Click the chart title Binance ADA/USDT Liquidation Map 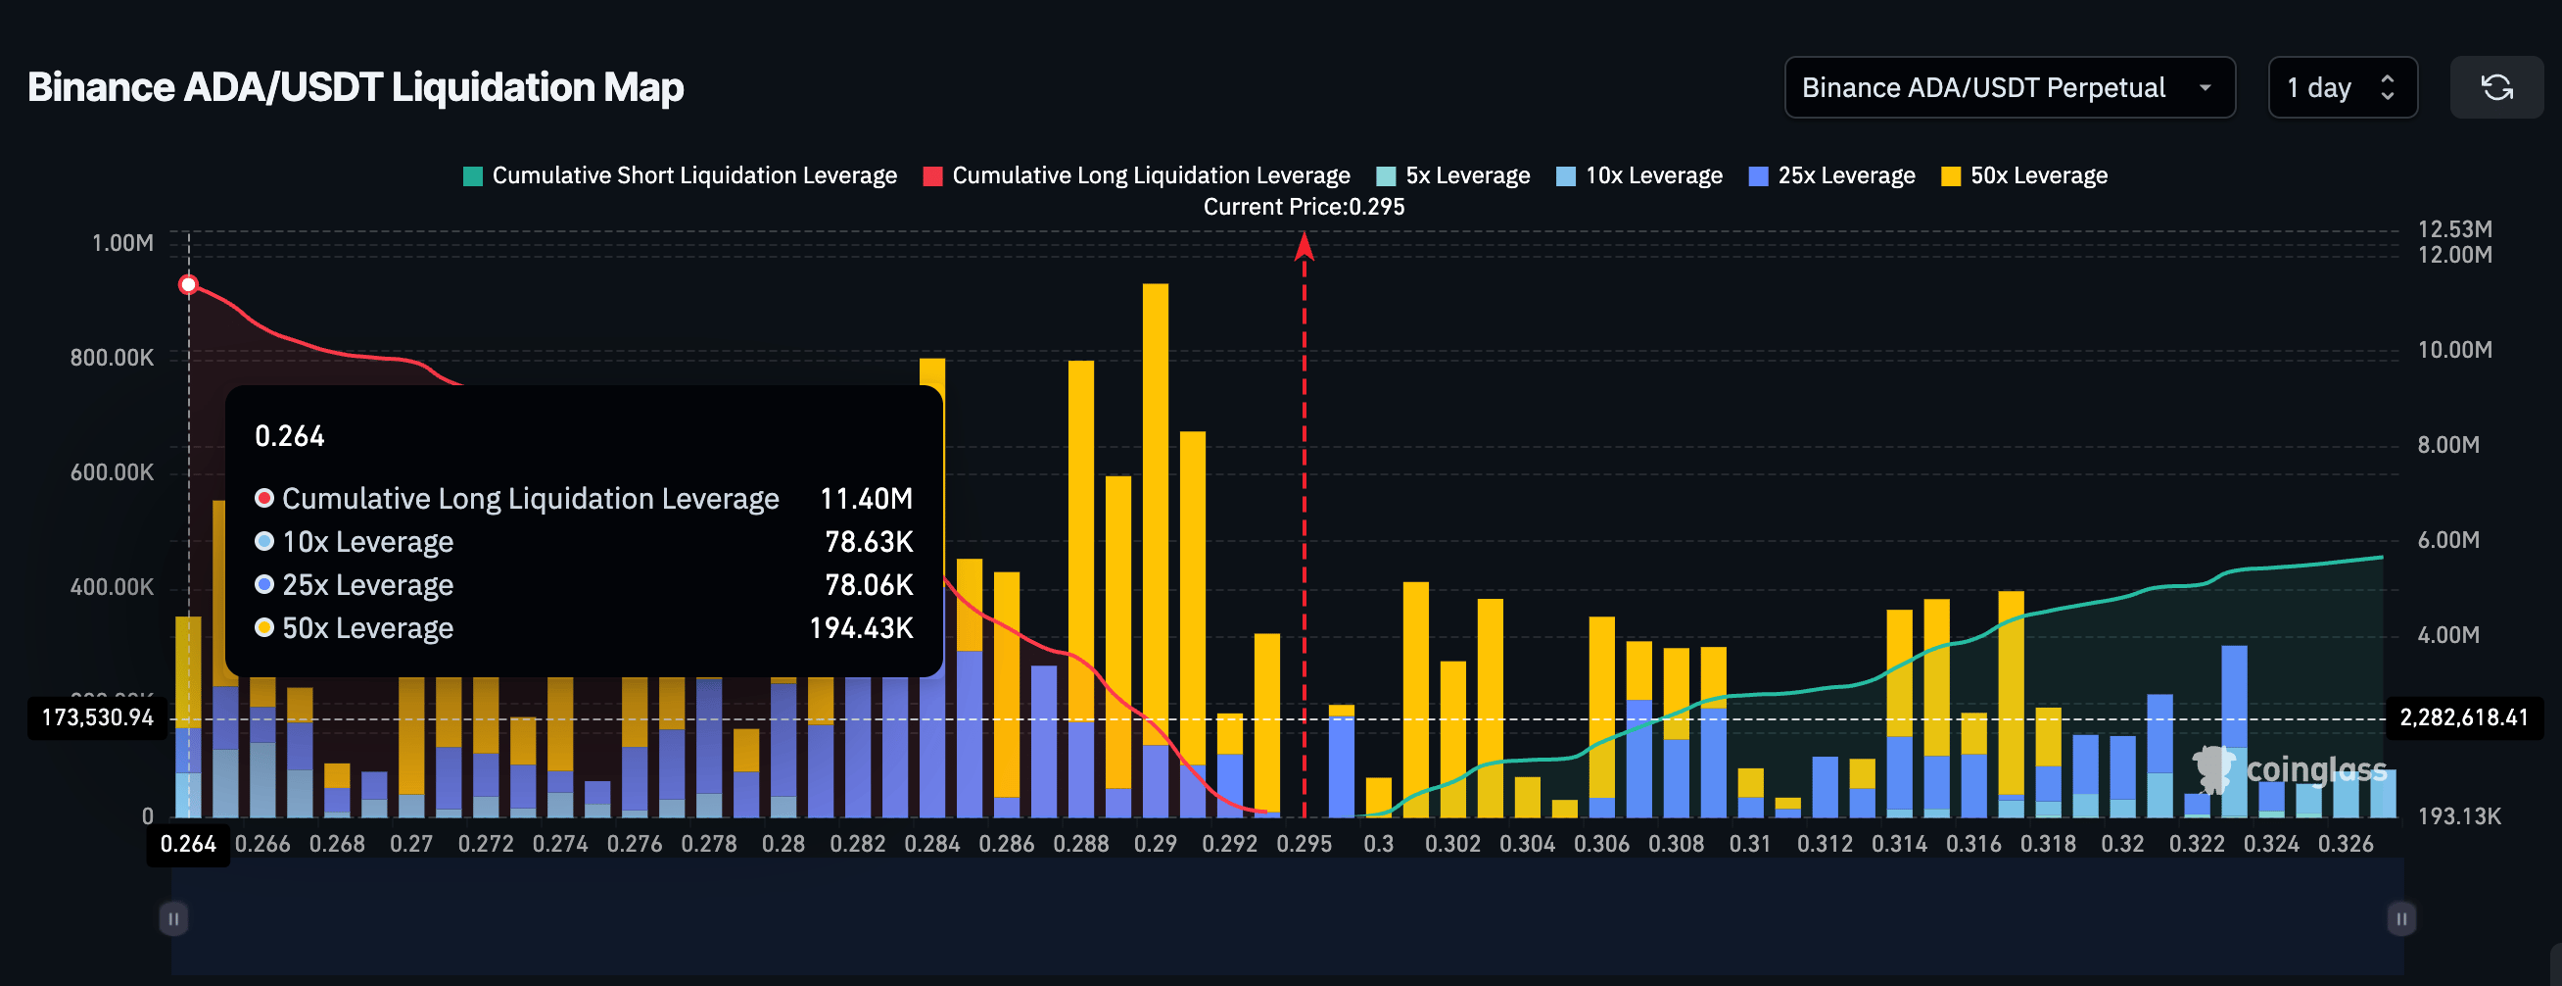point(356,87)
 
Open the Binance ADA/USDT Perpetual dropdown point(2009,87)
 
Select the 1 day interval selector point(2342,87)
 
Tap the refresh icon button point(2496,87)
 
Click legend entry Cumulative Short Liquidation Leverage point(681,176)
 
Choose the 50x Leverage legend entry point(2024,176)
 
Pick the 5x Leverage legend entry point(1453,176)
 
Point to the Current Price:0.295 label point(1304,207)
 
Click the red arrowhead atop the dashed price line point(1304,246)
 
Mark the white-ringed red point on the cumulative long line point(188,285)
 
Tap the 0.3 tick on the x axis point(1379,844)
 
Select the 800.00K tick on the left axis point(112,358)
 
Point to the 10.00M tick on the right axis point(2453,350)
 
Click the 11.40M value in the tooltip point(866,499)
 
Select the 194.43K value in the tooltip point(860,628)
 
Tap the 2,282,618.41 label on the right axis point(2462,717)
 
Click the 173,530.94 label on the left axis point(98,717)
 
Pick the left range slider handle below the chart point(173,918)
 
